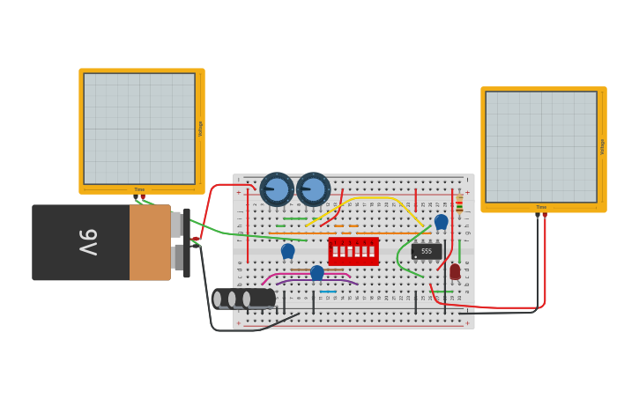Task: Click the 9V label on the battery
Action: tap(88, 242)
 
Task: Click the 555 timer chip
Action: tap(427, 251)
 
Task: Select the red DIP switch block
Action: tap(353, 251)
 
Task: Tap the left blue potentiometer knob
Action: tap(277, 189)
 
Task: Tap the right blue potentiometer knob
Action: tap(313, 189)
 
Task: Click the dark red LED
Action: tap(455, 271)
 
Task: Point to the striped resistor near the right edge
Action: tap(459, 204)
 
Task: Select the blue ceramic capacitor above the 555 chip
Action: tap(441, 221)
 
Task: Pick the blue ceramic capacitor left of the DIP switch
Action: tap(287, 251)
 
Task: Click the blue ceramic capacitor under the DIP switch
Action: tap(316, 272)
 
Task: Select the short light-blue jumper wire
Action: tap(328, 292)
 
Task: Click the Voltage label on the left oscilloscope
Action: tap(200, 129)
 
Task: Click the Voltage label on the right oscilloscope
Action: tap(602, 146)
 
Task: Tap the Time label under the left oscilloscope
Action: tap(139, 189)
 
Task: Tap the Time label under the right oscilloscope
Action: tap(541, 208)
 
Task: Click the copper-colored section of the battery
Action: tap(150, 242)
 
